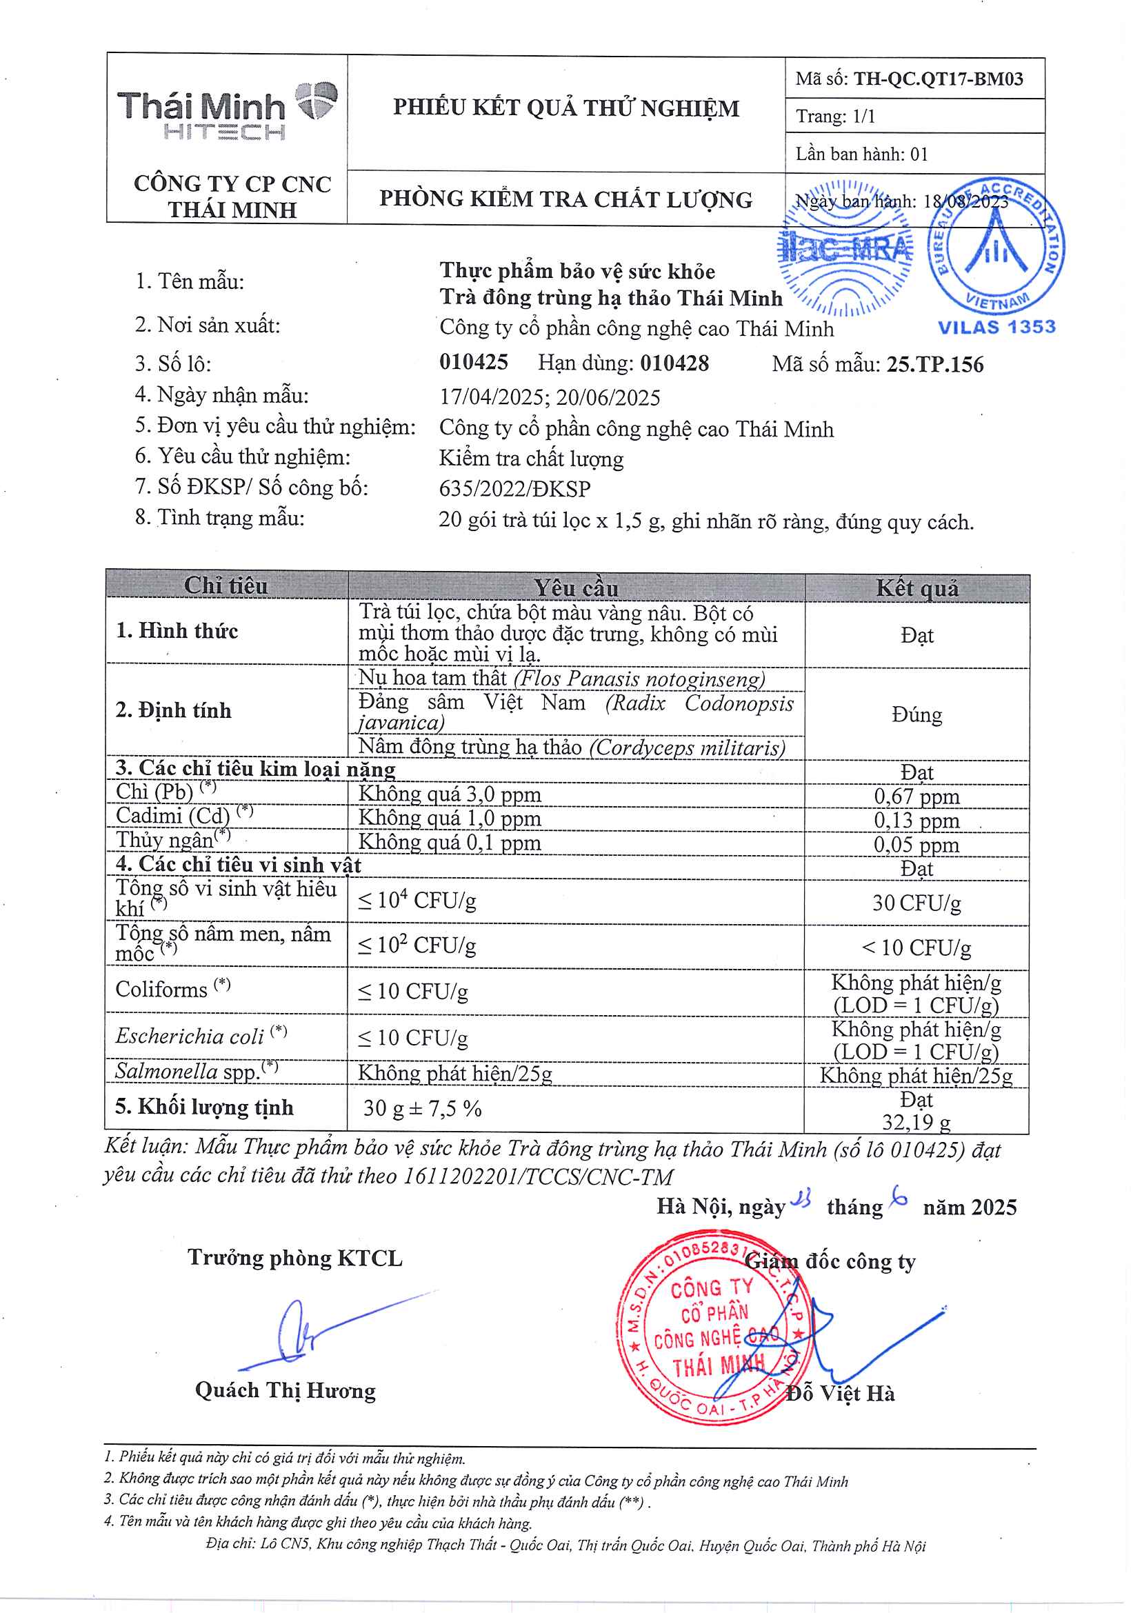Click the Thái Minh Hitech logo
tap(226, 111)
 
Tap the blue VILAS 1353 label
tap(996, 327)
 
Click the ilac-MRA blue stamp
tap(845, 248)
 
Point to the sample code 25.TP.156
tap(934, 364)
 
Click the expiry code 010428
tap(674, 363)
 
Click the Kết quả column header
tap(917, 588)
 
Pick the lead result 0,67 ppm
tap(916, 796)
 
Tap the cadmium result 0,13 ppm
tap(916, 820)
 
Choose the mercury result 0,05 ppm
tap(916, 845)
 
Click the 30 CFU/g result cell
tap(916, 903)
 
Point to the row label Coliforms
tap(162, 990)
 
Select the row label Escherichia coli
tap(190, 1036)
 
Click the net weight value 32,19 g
tap(916, 1121)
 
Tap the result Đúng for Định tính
tap(916, 715)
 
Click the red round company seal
tap(714, 1329)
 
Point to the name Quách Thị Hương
tap(285, 1390)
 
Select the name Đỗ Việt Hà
tap(841, 1393)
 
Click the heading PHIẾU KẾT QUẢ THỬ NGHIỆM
tap(566, 108)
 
